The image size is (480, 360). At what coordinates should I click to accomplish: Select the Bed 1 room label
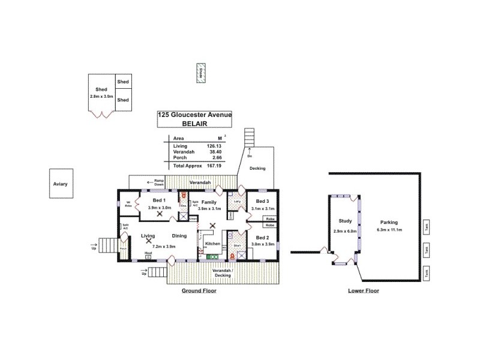coord(159,200)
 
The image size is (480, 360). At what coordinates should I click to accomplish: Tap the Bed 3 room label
coord(262,200)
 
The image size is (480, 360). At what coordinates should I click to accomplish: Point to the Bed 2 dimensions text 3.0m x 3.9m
coord(262,244)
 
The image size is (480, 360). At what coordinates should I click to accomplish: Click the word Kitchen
coord(213,244)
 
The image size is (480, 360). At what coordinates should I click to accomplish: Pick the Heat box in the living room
coord(148,256)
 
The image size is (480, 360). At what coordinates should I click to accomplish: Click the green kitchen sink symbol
coord(212,257)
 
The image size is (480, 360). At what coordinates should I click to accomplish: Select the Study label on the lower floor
coord(344,221)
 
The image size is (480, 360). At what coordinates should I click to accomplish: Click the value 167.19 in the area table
coord(214,165)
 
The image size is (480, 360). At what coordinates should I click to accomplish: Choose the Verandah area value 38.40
coord(214,152)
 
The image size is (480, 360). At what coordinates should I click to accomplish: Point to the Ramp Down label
coord(159,182)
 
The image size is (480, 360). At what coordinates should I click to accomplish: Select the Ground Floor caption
coord(199,290)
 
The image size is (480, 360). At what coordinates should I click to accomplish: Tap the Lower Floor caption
coord(363,290)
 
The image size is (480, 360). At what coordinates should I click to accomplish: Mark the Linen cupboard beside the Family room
coord(193,219)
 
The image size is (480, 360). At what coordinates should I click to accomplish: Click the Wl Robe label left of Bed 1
coord(128,204)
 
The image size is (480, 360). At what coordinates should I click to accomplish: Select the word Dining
coord(179,236)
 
